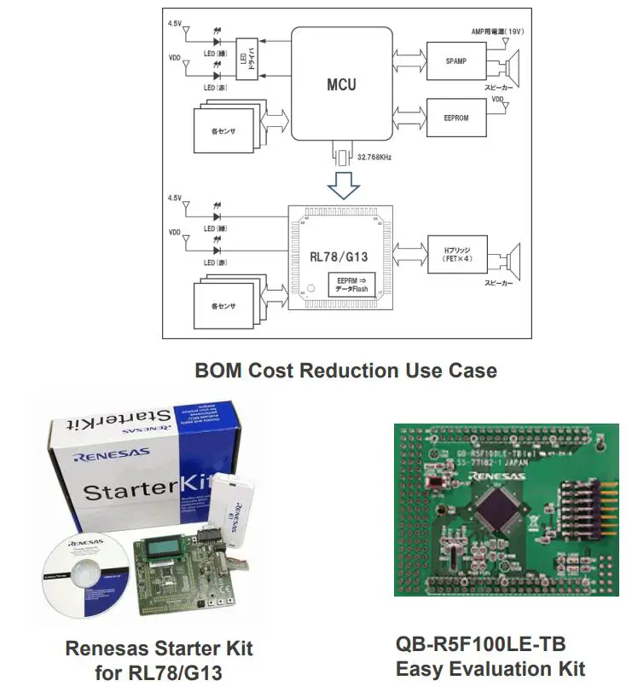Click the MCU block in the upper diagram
(x=341, y=84)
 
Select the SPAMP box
(x=454, y=62)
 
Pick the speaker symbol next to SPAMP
(x=512, y=61)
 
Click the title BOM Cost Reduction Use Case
(x=345, y=371)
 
